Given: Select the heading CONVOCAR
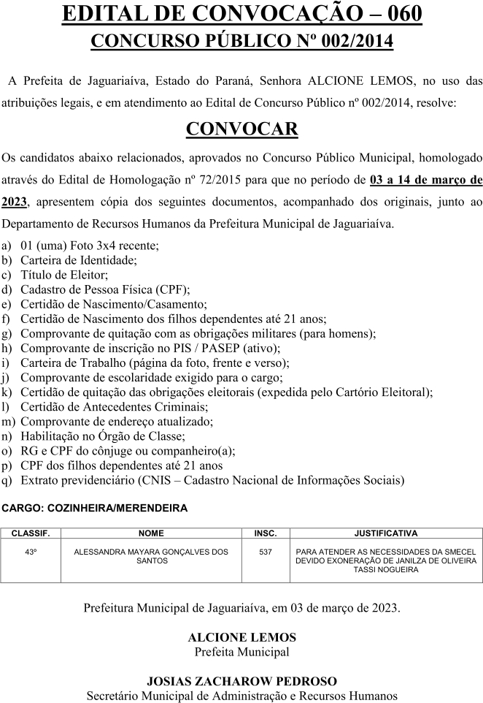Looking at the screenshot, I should tap(241, 129).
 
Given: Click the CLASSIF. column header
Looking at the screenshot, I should tap(31, 534).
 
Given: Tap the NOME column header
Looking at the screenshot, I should tap(151, 534).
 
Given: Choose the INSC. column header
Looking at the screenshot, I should tap(265, 534).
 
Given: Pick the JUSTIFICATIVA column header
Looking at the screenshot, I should tap(386, 534).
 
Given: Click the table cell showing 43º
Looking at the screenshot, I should tap(31, 552).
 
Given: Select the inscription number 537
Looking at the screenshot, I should tap(265, 552).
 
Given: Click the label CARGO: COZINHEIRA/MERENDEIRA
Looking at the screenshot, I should tap(95, 508).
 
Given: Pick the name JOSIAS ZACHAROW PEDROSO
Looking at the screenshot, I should tap(241, 682).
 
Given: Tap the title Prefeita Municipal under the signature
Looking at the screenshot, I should tap(241, 652).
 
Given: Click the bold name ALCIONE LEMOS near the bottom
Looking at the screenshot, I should tap(241, 637).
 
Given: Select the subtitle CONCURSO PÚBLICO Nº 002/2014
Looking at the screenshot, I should tap(241, 42).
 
